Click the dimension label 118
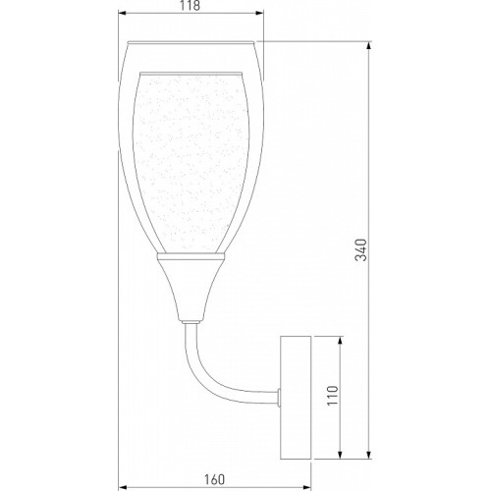pyautogui.click(x=191, y=5)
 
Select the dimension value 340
pyautogui.click(x=361, y=249)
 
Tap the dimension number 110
pyautogui.click(x=333, y=396)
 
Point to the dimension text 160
pyautogui.click(x=215, y=479)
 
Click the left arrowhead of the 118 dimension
pyautogui.click(x=122, y=13)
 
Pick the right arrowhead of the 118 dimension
pyautogui.click(x=259, y=13)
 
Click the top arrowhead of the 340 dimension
pyautogui.click(x=369, y=45)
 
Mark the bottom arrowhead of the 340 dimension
pyautogui.click(x=369, y=455)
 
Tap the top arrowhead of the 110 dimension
pyautogui.click(x=340, y=340)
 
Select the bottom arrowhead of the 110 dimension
pyautogui.click(x=340, y=455)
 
